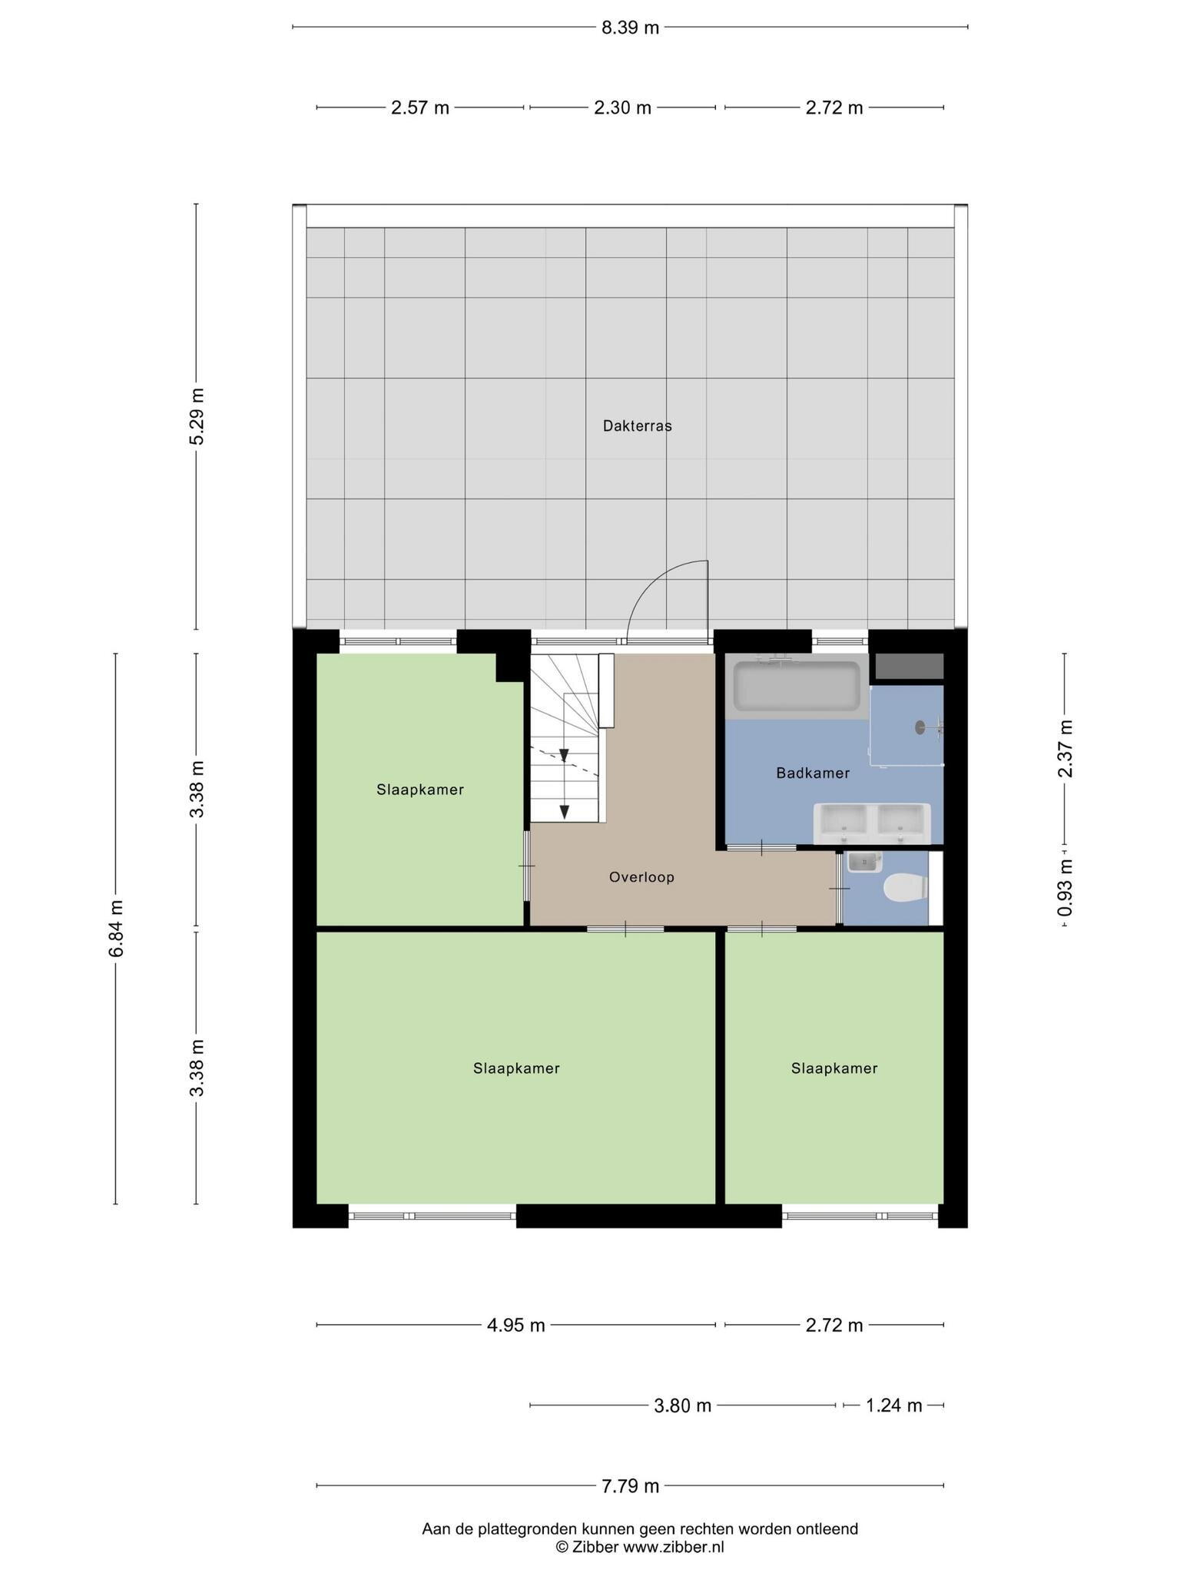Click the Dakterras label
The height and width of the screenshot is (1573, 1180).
tap(637, 426)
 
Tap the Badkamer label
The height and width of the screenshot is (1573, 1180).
tap(813, 773)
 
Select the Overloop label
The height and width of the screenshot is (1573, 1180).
tap(641, 876)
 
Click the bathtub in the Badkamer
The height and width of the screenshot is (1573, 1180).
tap(797, 686)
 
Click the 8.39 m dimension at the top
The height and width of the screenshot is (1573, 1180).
tap(630, 28)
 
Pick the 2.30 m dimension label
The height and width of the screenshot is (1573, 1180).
tap(622, 108)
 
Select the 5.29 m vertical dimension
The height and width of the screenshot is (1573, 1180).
tap(197, 416)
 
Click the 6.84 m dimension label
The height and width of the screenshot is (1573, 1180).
tap(116, 929)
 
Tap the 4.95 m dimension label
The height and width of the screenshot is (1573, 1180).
tap(515, 1325)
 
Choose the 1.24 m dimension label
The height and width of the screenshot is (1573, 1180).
tap(893, 1406)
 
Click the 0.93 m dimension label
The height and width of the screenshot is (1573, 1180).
tap(1065, 888)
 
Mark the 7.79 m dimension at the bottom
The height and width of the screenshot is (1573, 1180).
tap(630, 1486)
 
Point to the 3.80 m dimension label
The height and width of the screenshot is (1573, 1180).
tap(682, 1406)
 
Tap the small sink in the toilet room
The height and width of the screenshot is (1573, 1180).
tap(865, 863)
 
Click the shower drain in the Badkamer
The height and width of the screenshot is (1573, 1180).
tap(920, 727)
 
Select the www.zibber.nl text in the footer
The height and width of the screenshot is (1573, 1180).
tap(673, 1547)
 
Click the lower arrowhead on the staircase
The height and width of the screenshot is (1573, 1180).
tap(564, 811)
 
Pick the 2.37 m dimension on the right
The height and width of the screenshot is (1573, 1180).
tap(1065, 748)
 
